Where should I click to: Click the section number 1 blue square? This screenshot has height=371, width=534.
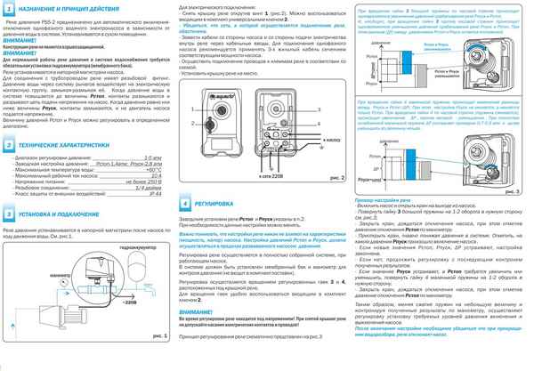[9, 8]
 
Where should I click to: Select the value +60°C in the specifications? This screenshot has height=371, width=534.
[160, 169]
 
